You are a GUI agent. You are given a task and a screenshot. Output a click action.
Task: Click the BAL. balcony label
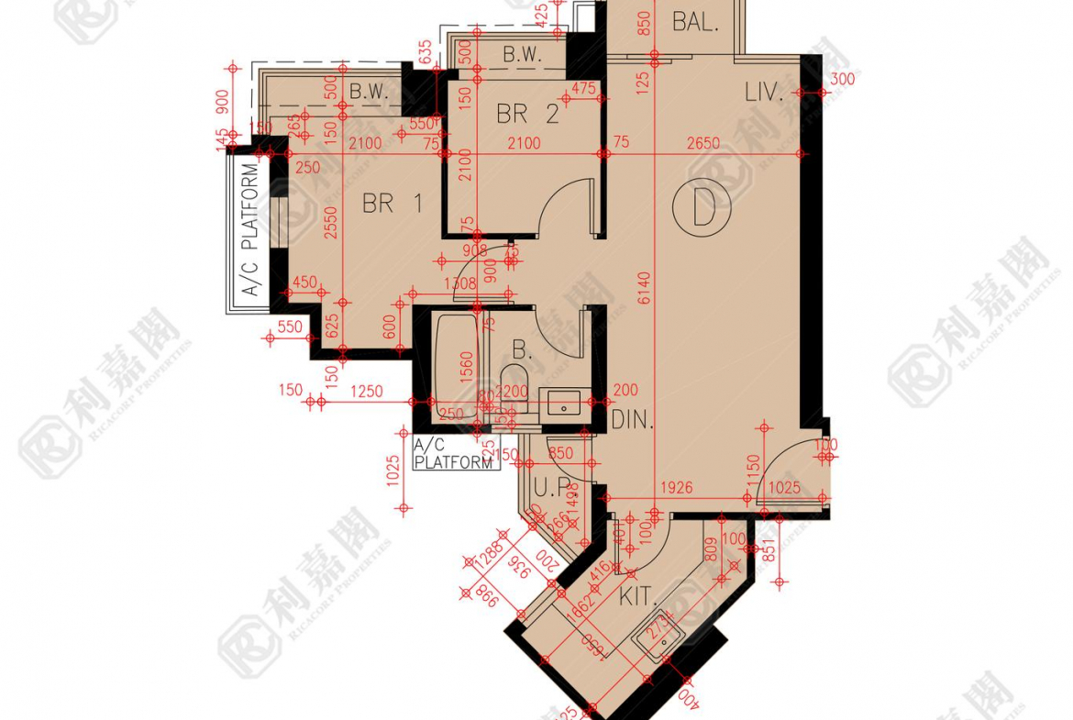click(695, 23)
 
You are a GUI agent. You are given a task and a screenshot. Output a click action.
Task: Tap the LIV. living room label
click(764, 92)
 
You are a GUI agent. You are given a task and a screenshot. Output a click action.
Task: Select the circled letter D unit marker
click(702, 210)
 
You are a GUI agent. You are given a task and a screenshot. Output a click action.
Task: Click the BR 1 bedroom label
click(392, 204)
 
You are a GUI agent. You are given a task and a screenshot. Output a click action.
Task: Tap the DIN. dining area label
click(632, 421)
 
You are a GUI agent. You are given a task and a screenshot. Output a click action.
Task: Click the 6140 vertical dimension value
click(645, 286)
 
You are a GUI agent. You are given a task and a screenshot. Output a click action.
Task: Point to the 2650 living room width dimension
click(703, 144)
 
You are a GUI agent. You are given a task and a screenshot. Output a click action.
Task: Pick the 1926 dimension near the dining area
click(675, 489)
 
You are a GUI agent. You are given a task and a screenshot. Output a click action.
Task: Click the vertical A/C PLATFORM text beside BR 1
click(249, 232)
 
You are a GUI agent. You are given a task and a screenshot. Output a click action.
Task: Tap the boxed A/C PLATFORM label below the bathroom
click(454, 455)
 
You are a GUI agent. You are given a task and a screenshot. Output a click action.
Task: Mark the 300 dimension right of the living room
click(841, 80)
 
